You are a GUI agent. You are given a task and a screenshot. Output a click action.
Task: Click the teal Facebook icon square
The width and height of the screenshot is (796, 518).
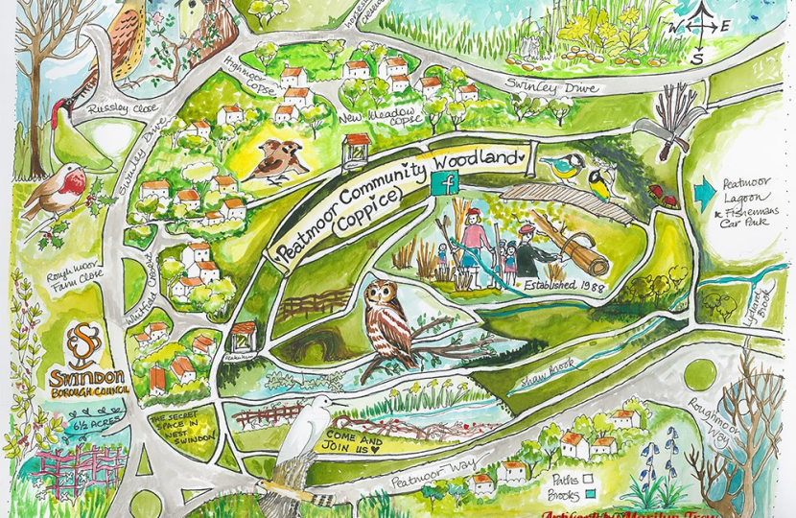[446, 183]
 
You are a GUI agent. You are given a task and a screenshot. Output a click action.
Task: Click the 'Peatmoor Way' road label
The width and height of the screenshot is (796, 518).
[415, 472]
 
